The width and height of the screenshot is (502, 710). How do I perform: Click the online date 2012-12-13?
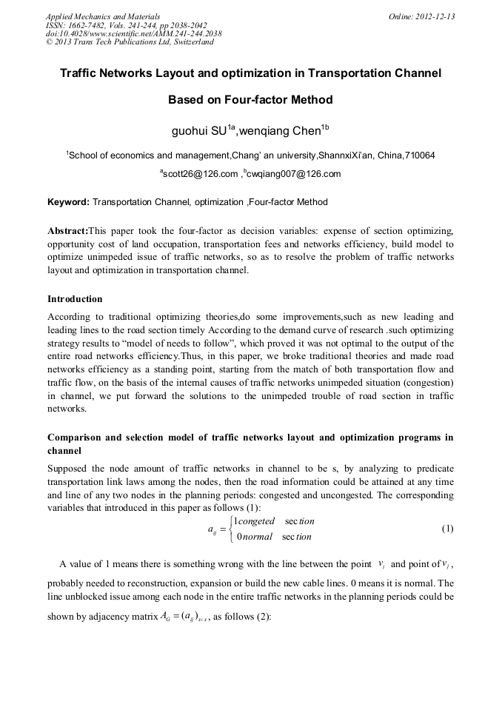[x=435, y=16]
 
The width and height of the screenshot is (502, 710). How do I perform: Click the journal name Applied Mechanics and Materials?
[x=103, y=16]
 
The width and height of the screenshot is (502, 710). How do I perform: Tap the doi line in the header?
[x=133, y=33]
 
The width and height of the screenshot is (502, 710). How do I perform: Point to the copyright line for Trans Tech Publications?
[x=130, y=42]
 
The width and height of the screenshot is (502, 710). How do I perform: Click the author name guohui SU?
[x=200, y=131]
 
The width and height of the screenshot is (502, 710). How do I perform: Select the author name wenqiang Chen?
[x=282, y=131]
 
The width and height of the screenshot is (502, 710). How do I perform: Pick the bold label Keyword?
[x=68, y=202]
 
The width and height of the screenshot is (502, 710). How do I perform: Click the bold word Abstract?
[x=67, y=231]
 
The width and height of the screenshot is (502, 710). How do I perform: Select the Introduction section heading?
[x=75, y=299]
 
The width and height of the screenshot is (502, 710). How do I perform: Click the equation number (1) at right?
[x=446, y=529]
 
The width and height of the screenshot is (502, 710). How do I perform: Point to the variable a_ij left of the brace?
[x=215, y=529]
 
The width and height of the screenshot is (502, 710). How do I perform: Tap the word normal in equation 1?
[x=255, y=537]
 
